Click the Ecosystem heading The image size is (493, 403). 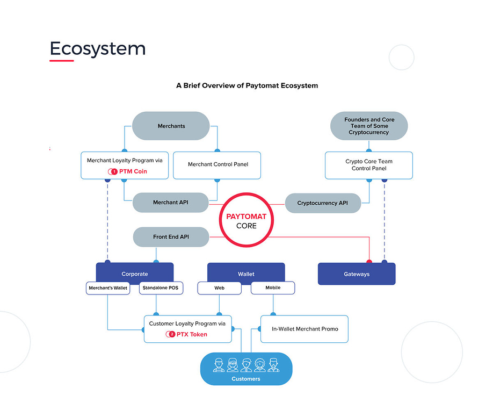tap(98, 49)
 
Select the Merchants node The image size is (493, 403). tap(171, 126)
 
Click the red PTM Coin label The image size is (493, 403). tap(133, 171)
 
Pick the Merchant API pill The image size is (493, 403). tap(171, 203)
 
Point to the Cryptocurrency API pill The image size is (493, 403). tap(322, 203)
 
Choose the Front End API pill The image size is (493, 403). tap(171, 236)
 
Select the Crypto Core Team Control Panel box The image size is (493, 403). tap(368, 165)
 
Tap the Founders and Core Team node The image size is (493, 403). tap(368, 126)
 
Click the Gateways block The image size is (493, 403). tap(357, 274)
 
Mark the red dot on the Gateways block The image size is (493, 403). tap(369, 262)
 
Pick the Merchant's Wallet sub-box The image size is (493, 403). tap(108, 288)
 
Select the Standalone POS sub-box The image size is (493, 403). tap(161, 288)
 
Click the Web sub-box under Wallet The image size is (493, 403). tap(219, 288)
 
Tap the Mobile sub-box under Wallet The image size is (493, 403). tap(273, 287)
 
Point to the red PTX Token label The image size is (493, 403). tap(191, 334)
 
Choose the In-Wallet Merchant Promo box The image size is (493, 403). tap(305, 329)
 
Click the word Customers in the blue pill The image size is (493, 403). tap(246, 379)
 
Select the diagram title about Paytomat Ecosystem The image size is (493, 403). tap(247, 85)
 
